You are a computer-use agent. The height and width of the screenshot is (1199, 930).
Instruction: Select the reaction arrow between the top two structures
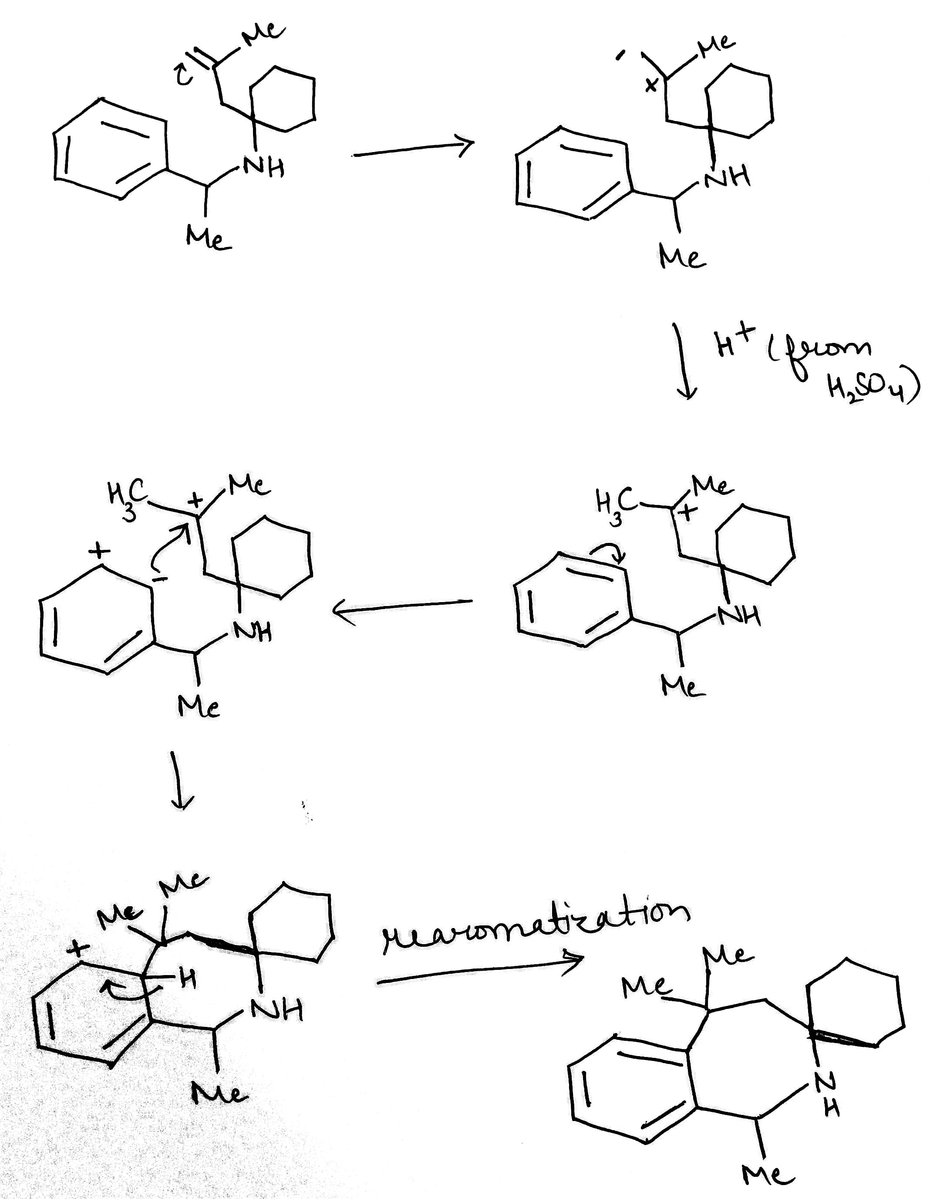413,149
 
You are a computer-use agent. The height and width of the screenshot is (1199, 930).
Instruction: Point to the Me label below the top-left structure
208,239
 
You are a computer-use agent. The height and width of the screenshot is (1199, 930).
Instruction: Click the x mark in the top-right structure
651,85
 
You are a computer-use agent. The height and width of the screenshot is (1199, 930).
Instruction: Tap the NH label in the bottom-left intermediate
277,1009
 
